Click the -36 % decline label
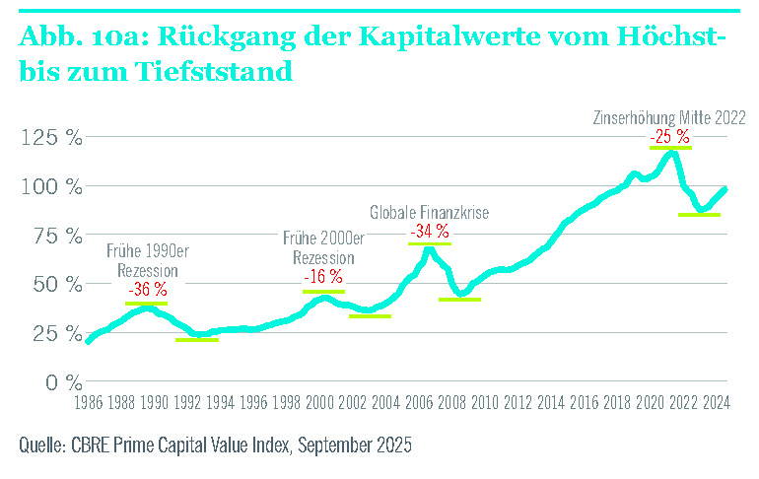(x=147, y=290)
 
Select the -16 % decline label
(x=323, y=277)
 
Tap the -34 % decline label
(x=429, y=231)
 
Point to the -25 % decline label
(x=670, y=135)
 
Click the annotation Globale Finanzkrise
(x=430, y=212)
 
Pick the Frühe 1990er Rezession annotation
(x=147, y=260)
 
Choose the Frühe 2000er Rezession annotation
(x=323, y=247)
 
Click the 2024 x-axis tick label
(x=717, y=402)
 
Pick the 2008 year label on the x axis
(x=452, y=402)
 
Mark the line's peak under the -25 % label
(x=672, y=152)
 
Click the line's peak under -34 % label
(x=428, y=247)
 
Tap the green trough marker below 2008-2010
(x=459, y=299)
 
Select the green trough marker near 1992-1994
(x=196, y=340)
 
